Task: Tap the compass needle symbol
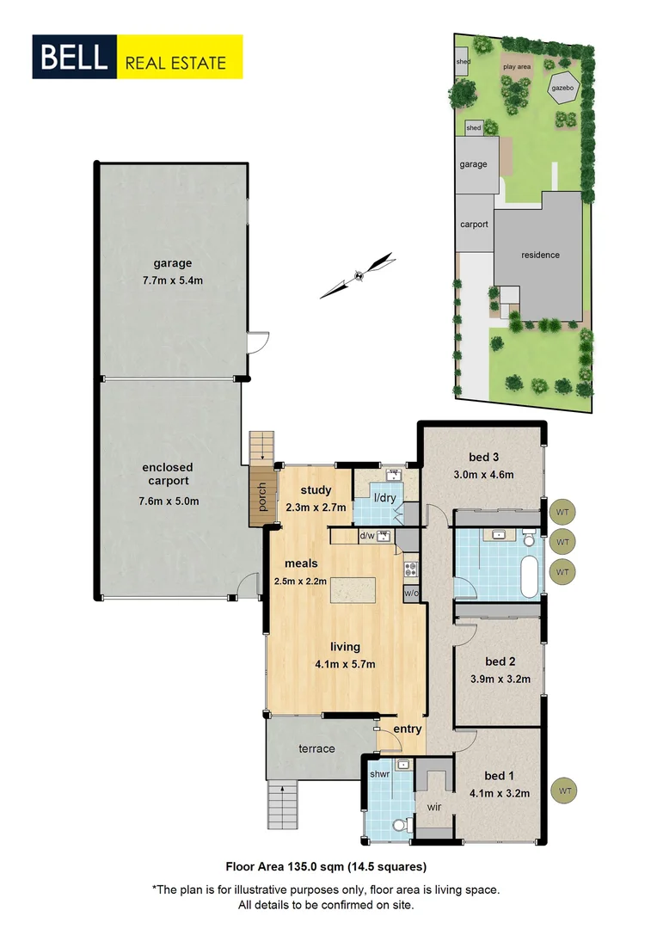pos(358,275)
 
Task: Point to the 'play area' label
pos(517,66)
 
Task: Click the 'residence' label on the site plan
pos(540,255)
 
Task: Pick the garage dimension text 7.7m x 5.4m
pos(169,280)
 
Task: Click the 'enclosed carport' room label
pos(169,474)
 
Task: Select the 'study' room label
pos(316,491)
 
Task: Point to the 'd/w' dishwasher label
pos(366,537)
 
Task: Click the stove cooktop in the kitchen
pos(411,568)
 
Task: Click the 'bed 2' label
pos(500,661)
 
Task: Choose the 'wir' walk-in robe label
pos(433,808)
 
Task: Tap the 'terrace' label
pos(316,748)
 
